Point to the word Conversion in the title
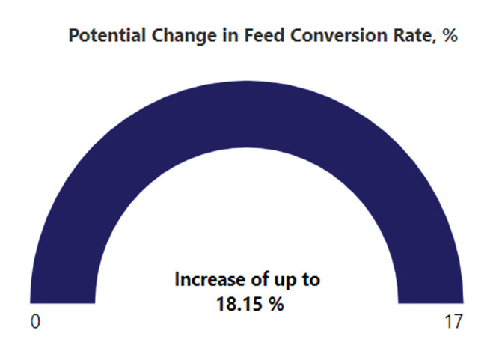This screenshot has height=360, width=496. (339, 35)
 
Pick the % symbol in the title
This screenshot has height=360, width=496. (450, 35)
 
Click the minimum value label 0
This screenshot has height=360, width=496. (35, 322)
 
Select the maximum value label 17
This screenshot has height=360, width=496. (453, 322)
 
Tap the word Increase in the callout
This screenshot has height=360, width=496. (210, 280)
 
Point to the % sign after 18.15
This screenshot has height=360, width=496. (277, 304)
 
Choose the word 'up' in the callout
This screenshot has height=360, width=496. (285, 281)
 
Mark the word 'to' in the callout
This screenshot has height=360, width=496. (311, 280)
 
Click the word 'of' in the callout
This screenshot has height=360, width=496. (260, 280)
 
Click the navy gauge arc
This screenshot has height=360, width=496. (247, 114)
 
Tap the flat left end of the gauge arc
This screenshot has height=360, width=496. (63, 303)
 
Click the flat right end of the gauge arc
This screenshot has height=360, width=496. (431, 303)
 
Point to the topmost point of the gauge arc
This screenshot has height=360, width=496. (247, 81)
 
